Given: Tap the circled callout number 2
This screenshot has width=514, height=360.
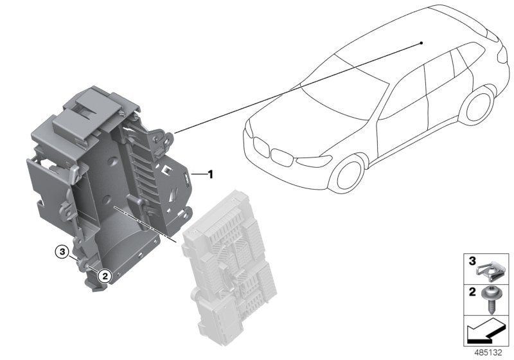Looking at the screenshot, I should pos(105,276).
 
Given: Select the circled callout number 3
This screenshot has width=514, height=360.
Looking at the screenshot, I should pos(62,252).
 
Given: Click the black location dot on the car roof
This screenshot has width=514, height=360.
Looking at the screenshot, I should pos(421,42).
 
